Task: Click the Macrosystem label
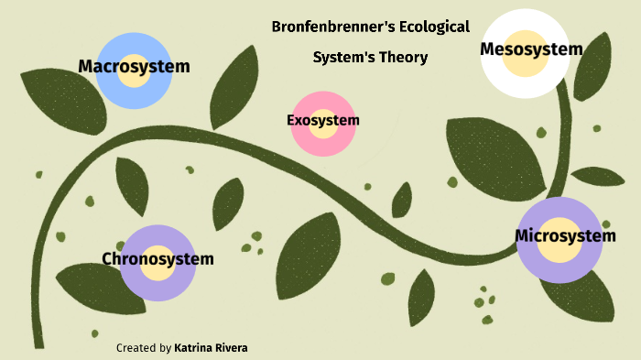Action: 134,66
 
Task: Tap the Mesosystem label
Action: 531,49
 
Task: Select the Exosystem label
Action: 322,120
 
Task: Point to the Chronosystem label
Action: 158,259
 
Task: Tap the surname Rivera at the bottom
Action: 232,348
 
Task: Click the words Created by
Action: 144,348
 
